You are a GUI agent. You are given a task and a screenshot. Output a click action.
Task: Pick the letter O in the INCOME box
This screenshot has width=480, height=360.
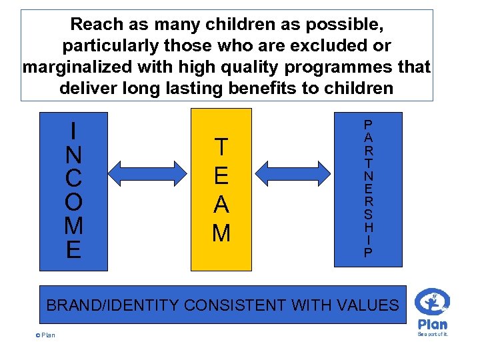pos(74,201)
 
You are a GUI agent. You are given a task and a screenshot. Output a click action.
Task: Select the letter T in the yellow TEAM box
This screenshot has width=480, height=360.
pos(221,147)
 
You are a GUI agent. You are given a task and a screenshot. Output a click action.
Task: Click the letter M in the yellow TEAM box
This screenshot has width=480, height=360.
pos(221,233)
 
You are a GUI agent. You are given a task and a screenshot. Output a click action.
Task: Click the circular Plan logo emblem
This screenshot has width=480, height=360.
pos(433,301)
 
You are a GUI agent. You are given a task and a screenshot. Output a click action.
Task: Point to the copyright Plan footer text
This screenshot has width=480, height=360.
pos(45,335)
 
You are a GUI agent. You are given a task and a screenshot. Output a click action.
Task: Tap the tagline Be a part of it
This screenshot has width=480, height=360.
pos(433,334)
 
